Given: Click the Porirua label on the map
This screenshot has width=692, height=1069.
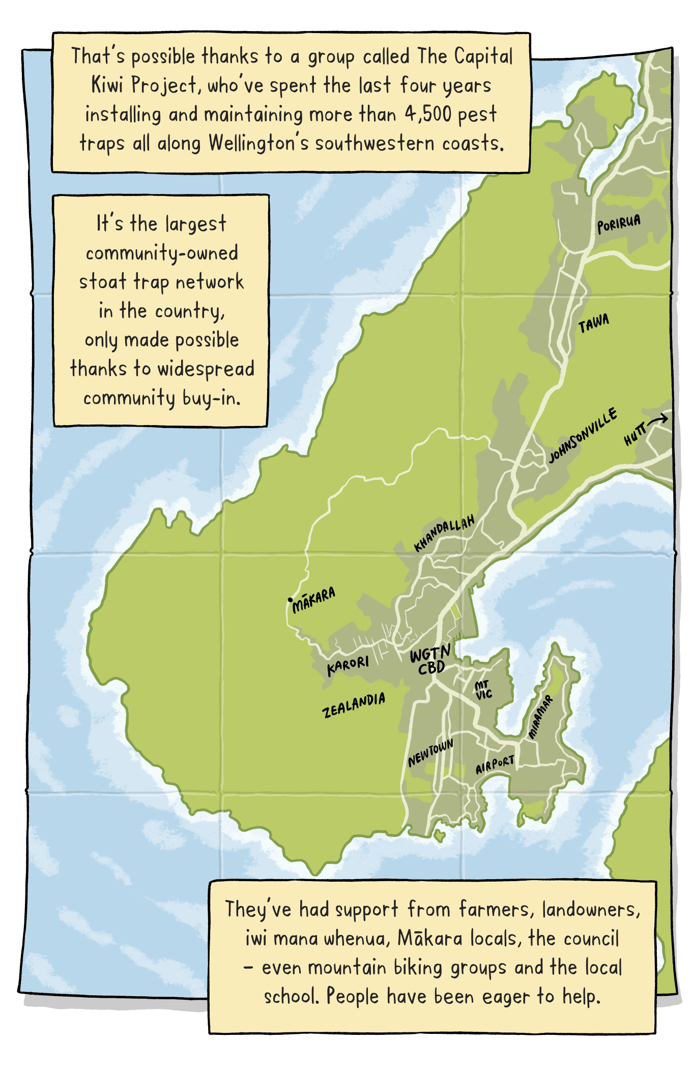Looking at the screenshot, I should click(x=619, y=223).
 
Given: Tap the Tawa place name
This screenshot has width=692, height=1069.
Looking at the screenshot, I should click(x=593, y=323).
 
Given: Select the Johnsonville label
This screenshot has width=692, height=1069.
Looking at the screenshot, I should click(x=583, y=435).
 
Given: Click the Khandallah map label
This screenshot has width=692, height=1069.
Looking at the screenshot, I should click(x=444, y=532).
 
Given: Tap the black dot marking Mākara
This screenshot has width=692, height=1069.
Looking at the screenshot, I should click(x=290, y=600).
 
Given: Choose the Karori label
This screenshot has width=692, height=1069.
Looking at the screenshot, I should click(x=348, y=665).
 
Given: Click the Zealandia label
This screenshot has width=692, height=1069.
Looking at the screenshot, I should click(x=354, y=705).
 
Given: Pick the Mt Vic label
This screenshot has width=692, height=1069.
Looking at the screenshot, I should click(x=483, y=690).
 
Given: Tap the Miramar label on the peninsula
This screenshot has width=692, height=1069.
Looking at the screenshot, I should click(x=540, y=717).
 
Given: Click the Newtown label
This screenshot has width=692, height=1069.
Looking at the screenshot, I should click(x=430, y=753).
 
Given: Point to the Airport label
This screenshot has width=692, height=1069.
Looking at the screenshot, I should click(x=495, y=765).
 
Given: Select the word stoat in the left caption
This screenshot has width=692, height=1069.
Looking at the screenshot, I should click(x=102, y=282).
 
